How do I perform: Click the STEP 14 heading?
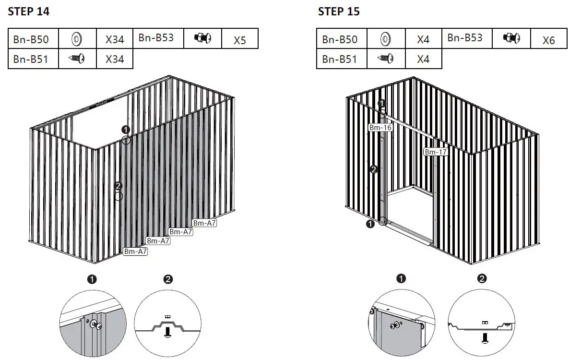[29, 12]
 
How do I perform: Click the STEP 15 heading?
[339, 12]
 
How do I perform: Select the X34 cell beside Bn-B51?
[115, 59]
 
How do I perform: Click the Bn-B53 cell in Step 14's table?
[156, 38]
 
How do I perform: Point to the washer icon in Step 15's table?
[385, 38]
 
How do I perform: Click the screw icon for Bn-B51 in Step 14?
[77, 59]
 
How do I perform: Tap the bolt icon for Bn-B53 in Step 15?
[511, 37]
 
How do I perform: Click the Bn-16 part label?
[380, 127]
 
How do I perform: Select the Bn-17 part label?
[436, 152]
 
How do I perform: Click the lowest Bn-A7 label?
[135, 251]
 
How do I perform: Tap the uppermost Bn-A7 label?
[205, 223]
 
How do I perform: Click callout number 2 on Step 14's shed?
[119, 186]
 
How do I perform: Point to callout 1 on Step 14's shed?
[126, 130]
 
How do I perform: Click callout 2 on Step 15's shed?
[374, 169]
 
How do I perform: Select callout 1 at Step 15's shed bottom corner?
[370, 224]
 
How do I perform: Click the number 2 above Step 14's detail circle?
[168, 279]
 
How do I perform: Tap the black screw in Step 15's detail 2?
[485, 337]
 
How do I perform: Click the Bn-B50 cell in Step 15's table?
[340, 39]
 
